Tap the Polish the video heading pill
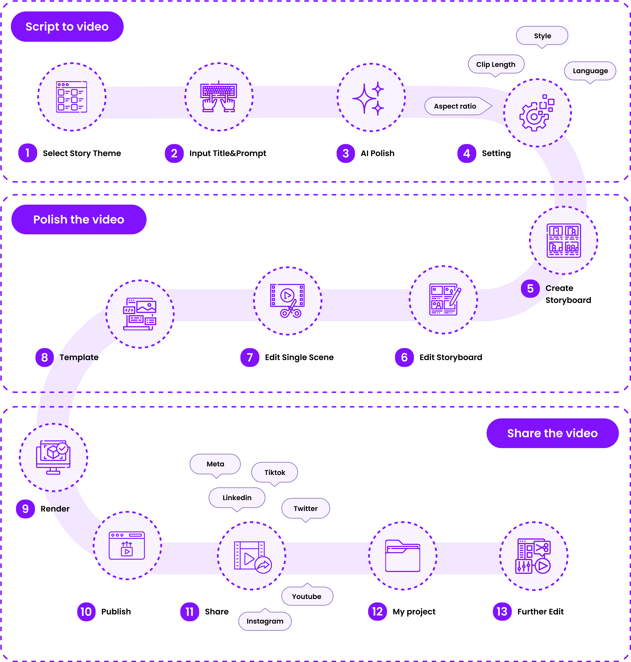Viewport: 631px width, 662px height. [79, 219]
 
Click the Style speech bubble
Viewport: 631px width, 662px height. [542, 36]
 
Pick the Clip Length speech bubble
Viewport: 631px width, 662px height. [496, 64]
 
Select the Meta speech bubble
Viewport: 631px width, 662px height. [215, 464]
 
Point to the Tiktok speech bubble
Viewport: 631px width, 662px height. [274, 472]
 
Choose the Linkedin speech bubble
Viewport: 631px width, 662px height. [237, 497]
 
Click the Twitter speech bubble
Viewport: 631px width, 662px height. [305, 508]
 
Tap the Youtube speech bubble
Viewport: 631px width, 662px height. [307, 596]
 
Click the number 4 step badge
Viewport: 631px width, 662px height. [467, 153]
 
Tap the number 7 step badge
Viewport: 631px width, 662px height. [250, 357]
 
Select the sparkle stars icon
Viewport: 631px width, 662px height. [371, 97]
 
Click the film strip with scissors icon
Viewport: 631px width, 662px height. [288, 301]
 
